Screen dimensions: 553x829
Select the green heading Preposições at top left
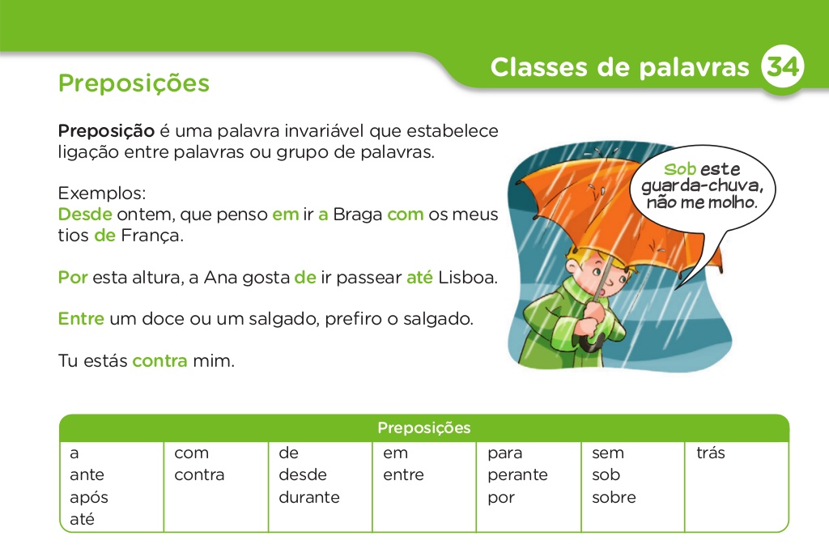tap(134, 83)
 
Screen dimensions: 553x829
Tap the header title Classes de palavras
tap(619, 68)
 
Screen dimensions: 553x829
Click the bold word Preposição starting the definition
tap(106, 130)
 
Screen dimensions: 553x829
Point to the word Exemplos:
tap(102, 194)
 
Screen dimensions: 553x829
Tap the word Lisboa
tap(468, 278)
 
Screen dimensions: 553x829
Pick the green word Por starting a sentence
tap(73, 278)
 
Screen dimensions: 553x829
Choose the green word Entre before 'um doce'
tap(81, 319)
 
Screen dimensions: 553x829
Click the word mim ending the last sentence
tap(213, 361)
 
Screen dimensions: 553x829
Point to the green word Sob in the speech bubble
tap(680, 169)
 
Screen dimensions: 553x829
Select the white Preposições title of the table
tap(423, 428)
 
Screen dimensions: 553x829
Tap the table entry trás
tap(711, 453)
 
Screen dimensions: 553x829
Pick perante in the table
tap(517, 475)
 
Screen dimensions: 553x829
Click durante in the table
tap(309, 497)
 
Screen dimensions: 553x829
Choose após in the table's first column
tap(88, 497)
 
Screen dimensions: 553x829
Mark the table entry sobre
tap(614, 497)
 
